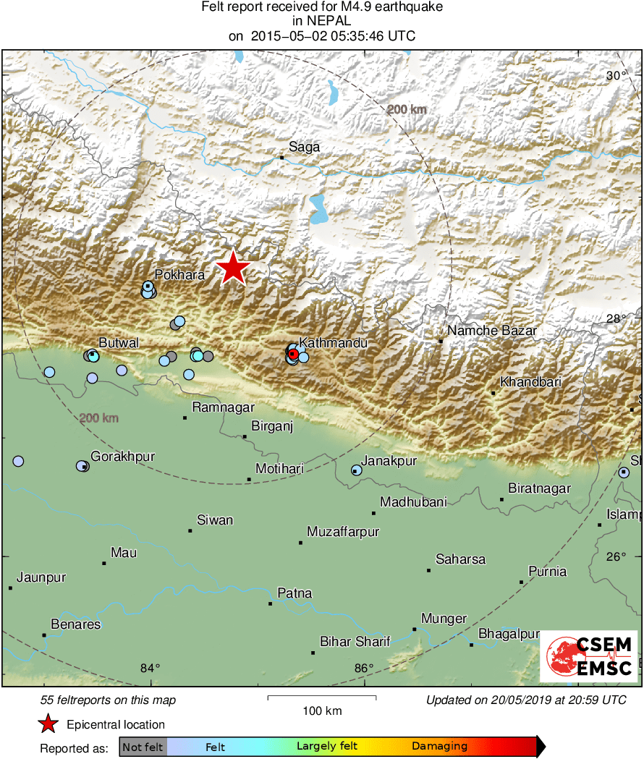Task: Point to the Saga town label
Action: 304,147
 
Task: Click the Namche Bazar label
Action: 492,331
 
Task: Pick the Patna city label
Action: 295,593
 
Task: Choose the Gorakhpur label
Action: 122,457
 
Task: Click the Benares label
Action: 76,624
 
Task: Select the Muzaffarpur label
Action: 343,533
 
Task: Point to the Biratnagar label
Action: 539,489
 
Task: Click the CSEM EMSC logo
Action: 589,656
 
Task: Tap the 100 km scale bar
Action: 322,697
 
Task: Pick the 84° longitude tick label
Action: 150,668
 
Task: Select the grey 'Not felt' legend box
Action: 143,747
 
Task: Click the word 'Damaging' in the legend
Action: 439,747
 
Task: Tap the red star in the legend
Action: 48,724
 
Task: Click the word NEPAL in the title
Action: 322,22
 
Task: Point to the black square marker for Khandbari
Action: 493,393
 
